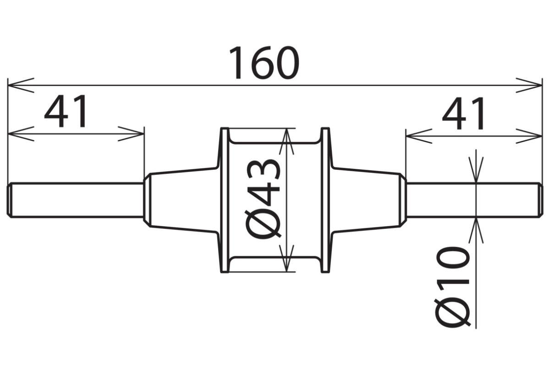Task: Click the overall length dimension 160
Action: pos(264,63)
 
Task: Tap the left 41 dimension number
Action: pos(66,111)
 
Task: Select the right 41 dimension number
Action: pos(463,113)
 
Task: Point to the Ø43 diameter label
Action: pos(263,200)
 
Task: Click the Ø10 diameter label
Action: pos(452,288)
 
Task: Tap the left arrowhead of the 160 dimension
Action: pos(21,85)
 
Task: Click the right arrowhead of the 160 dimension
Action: pos(529,85)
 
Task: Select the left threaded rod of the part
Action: pos(75,200)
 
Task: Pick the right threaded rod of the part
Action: pos(474,200)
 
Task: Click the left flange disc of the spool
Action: pos(225,200)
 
